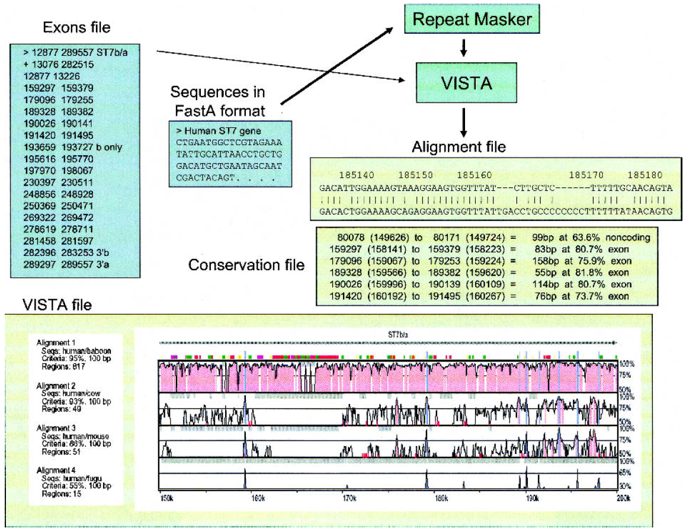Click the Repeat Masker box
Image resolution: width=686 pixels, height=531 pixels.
click(x=464, y=20)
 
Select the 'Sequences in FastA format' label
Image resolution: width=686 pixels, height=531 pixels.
click(x=217, y=101)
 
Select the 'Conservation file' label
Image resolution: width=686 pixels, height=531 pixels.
click(x=246, y=265)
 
